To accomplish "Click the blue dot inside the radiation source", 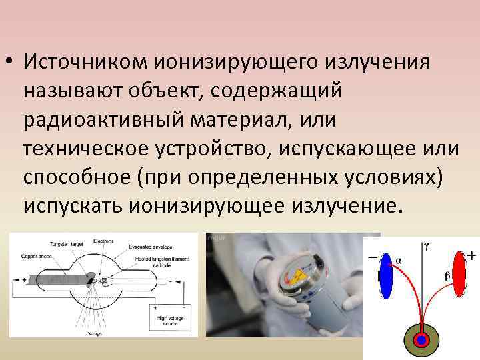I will click(x=421, y=340).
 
